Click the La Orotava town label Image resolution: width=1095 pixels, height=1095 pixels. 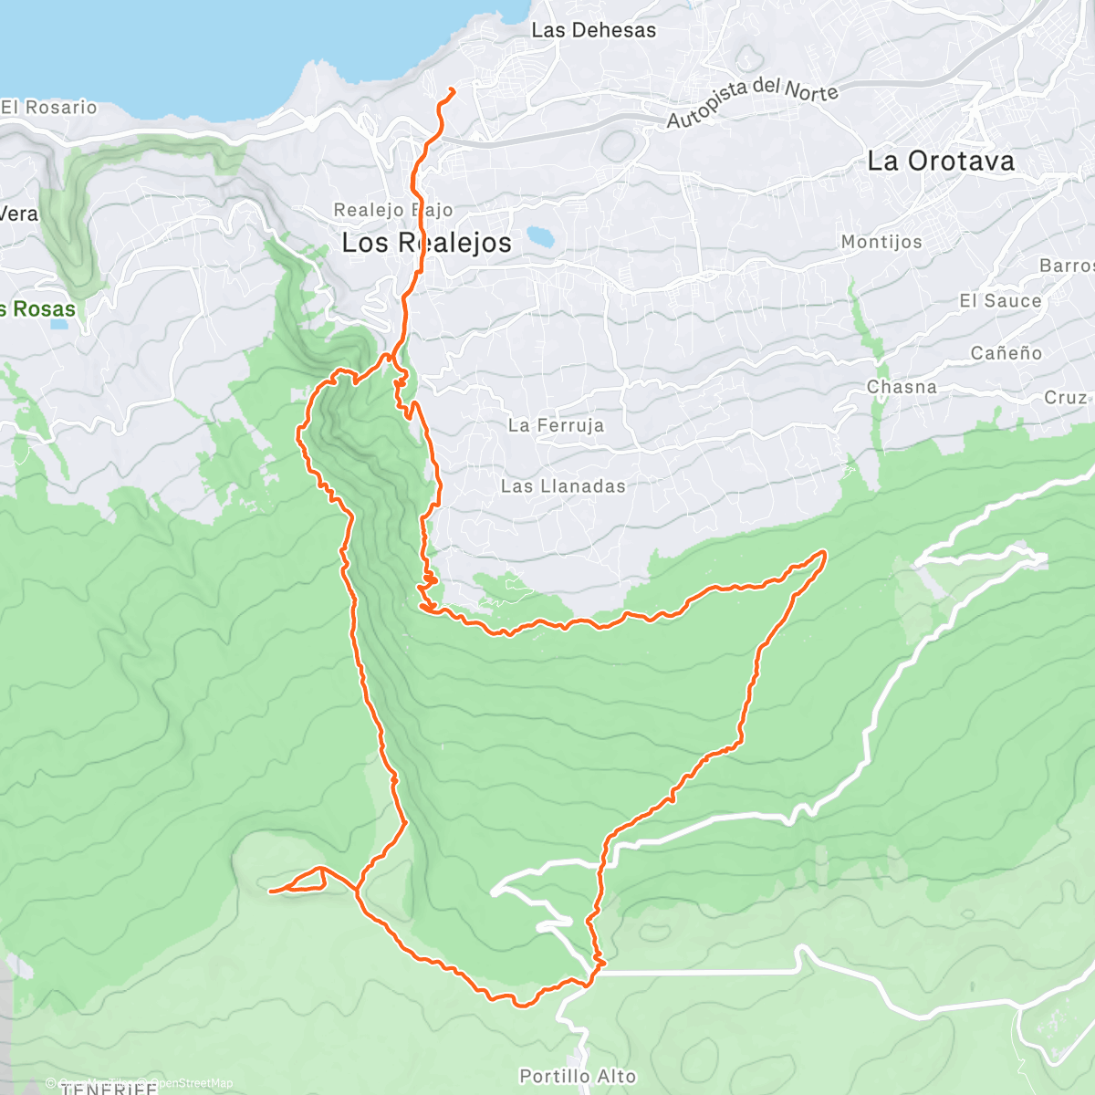coord(940,162)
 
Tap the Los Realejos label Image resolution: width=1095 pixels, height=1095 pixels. coord(426,243)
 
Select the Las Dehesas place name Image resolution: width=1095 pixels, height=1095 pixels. coord(593,30)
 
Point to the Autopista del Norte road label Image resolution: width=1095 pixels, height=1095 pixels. coord(752,101)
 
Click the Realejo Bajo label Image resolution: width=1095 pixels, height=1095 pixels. coord(392,210)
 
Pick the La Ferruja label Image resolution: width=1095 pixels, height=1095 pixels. coord(556,425)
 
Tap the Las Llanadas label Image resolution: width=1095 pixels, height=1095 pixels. coord(563,486)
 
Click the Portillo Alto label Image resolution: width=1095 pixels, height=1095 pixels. coord(577,1076)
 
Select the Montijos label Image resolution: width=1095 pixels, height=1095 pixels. coord(881,242)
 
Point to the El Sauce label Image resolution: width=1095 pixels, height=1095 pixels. coord(1000,301)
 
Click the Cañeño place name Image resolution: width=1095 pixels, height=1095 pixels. coord(1006,353)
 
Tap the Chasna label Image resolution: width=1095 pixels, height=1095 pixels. coord(902,387)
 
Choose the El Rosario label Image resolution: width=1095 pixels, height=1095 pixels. coord(49,108)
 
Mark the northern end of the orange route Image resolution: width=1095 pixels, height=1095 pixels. coord(453,89)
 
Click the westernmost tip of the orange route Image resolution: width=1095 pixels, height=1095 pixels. coord(271,890)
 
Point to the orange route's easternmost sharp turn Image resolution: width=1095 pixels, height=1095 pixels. coord(823,553)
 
